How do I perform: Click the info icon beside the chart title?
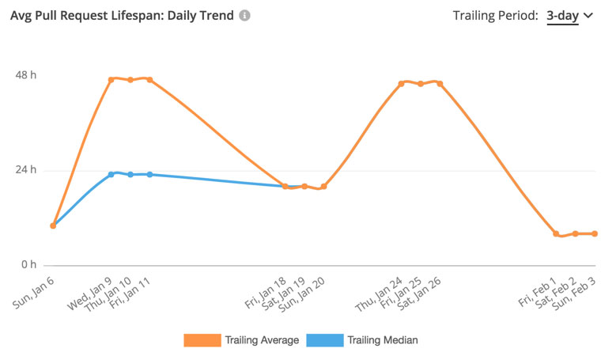pos(245,16)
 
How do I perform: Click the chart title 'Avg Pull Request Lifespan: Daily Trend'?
pos(122,16)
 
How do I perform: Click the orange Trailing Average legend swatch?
pos(201,340)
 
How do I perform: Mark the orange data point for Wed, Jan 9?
pos(111,80)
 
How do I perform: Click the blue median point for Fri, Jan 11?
pos(149,174)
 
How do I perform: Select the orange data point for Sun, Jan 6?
pos(53,225)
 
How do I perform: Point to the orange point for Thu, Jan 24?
pos(402,83)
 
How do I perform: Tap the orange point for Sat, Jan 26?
pos(440,83)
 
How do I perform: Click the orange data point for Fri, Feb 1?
pos(556,233)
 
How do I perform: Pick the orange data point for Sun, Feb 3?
pos(595,233)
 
